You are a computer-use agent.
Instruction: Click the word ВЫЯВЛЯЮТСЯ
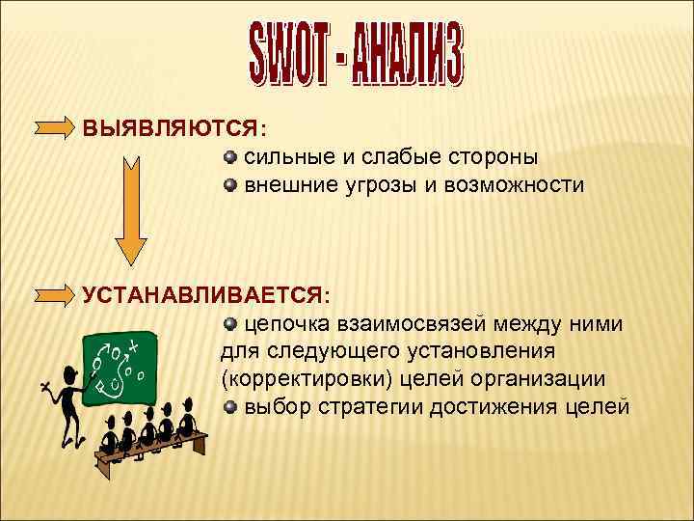click(x=173, y=127)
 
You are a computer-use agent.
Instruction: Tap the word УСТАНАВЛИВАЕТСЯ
click(x=204, y=293)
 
